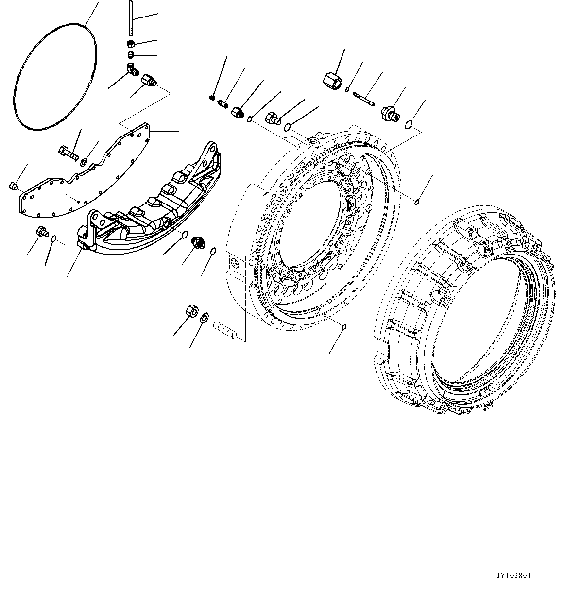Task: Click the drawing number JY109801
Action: pos(514,576)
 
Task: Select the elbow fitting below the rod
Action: pos(131,69)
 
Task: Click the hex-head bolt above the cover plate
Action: pos(68,152)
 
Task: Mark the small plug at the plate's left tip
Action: pos(13,186)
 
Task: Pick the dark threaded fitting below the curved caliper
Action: pos(197,241)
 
